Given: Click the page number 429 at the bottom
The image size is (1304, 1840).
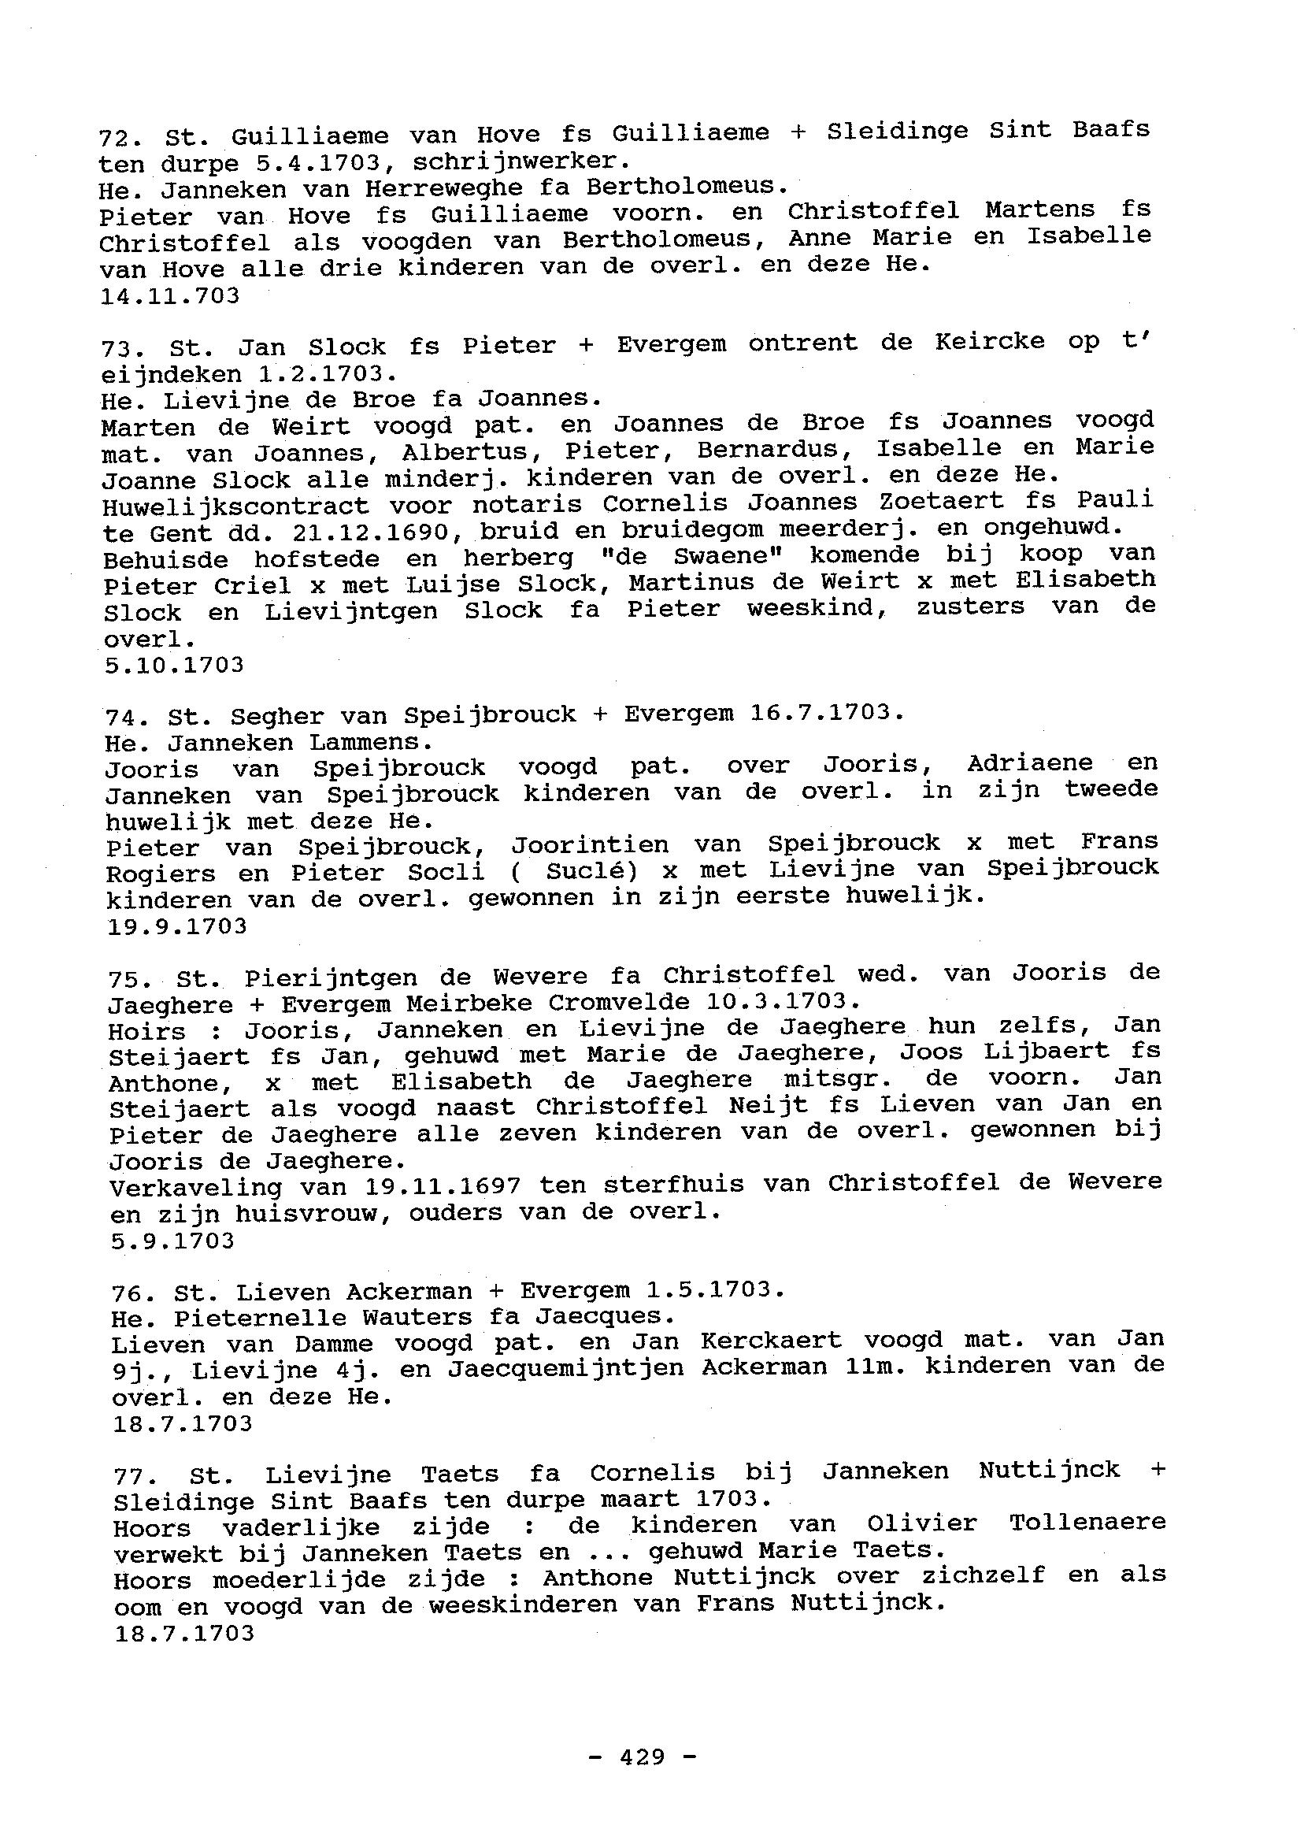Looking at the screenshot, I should coord(642,1757).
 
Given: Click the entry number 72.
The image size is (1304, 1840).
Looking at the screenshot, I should coord(120,137).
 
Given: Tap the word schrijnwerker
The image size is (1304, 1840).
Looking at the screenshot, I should coord(517,161).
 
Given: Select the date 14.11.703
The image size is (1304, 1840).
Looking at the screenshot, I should coord(169,296).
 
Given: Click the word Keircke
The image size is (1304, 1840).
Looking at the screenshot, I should coord(989,341).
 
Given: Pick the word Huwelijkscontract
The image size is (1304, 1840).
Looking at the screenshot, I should coord(236,506).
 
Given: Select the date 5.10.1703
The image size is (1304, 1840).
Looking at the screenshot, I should coord(174,665).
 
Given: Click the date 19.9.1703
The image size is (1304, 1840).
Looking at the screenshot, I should coord(176,926).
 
